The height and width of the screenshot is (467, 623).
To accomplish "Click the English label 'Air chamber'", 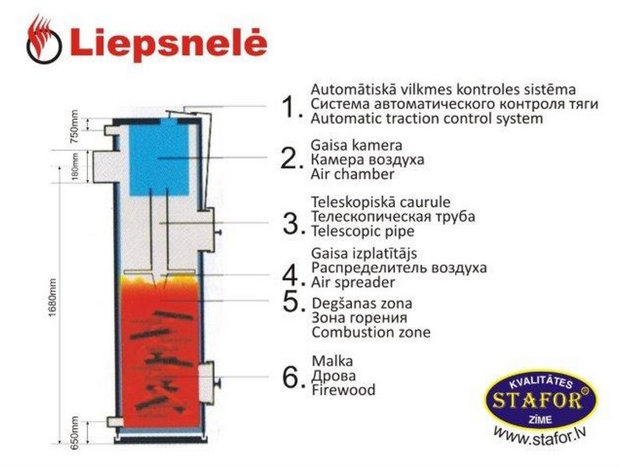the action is click(x=353, y=174).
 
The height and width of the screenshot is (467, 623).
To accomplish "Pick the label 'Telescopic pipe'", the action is click(x=363, y=230).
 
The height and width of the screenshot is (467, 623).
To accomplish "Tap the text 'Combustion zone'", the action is click(x=371, y=332).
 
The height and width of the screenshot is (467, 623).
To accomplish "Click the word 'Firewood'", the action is click(x=343, y=390).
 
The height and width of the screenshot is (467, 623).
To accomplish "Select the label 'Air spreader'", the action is click(x=354, y=283).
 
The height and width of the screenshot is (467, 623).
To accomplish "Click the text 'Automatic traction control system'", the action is click(x=427, y=118).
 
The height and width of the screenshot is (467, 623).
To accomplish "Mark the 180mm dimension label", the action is click(x=75, y=167).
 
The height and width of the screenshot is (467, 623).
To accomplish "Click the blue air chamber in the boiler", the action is click(x=160, y=156).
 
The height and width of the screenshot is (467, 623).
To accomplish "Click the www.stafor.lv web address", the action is click(x=540, y=437).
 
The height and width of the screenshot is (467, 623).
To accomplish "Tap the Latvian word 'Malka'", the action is click(x=333, y=361).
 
